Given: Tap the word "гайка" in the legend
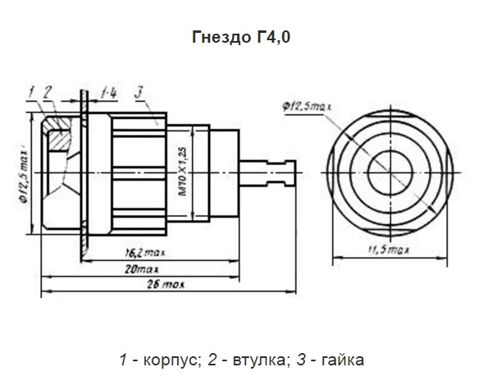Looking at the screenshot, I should (339, 360).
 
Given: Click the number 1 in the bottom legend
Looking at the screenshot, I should (123, 360).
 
